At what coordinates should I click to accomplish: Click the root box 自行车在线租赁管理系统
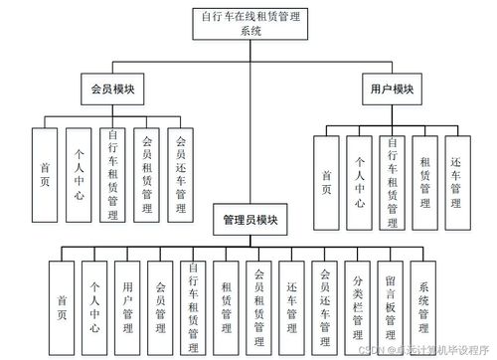pyautogui.click(x=249, y=23)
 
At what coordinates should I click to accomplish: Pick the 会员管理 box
pyautogui.click(x=160, y=299)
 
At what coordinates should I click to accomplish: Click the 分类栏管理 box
pyautogui.click(x=358, y=299)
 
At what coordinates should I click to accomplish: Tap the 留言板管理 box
pyautogui.click(x=391, y=299)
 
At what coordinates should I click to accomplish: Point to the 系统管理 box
pyautogui.click(x=424, y=299)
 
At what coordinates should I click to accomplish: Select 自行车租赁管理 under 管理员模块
pyautogui.click(x=193, y=299)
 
